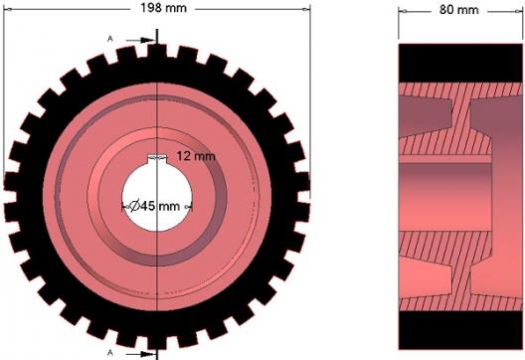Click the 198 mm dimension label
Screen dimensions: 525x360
pyautogui.click(x=163, y=8)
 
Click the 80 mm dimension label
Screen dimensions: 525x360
pyautogui.click(x=459, y=10)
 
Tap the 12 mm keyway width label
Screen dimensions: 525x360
pyautogui.click(x=196, y=156)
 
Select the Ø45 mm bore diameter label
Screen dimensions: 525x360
pyautogui.click(x=154, y=206)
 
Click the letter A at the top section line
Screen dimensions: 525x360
pyautogui.click(x=109, y=39)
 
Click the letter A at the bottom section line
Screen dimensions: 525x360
pyautogui.click(x=109, y=352)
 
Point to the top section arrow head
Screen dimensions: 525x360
pyautogui.click(x=147, y=40)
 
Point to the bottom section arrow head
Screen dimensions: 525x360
pyautogui.click(x=147, y=354)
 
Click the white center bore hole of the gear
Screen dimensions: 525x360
pyautogui.click(x=157, y=198)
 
